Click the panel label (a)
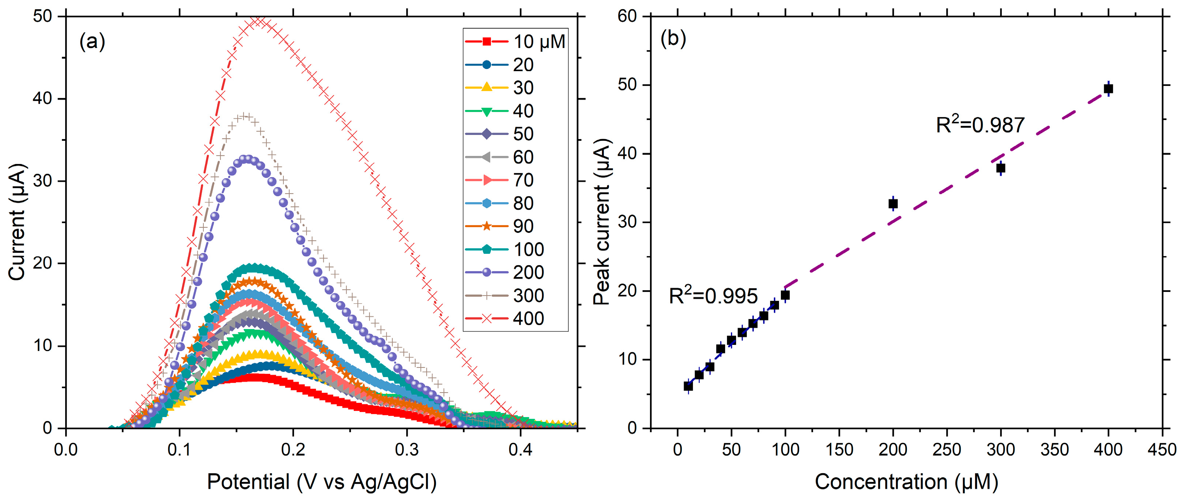(92, 42)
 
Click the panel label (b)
(673, 39)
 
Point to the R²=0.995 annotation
(713, 296)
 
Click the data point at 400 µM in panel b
(1108, 89)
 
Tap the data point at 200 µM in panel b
(893, 204)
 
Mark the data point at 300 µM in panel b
(1001, 168)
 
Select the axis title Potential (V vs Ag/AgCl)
(322, 482)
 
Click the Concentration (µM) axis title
(906, 482)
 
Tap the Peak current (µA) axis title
(602, 222)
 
